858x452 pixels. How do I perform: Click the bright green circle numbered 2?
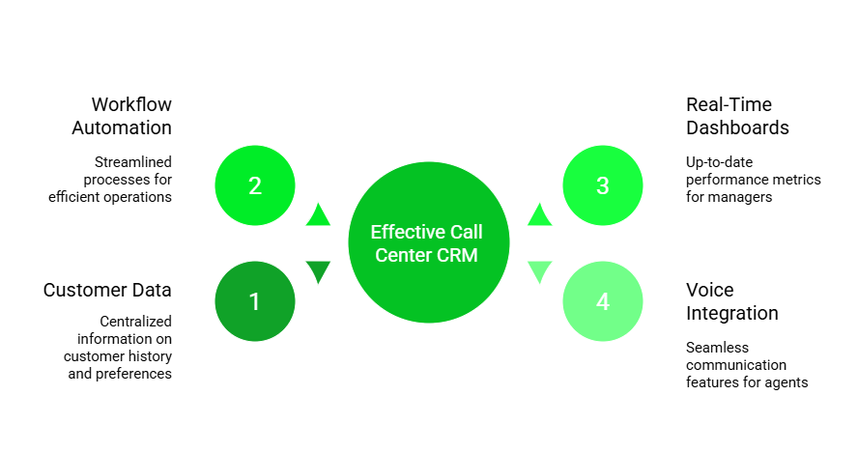[255, 185]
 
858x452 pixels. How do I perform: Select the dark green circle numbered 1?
[255, 301]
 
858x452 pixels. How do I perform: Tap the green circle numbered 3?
[603, 185]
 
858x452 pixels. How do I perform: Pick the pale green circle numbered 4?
[603, 301]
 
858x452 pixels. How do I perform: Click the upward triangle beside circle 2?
[318, 215]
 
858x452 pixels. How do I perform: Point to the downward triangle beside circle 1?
[318, 271]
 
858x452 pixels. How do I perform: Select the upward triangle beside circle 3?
[540, 215]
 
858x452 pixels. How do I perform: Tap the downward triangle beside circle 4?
[540, 271]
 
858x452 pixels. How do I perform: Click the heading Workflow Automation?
[123, 116]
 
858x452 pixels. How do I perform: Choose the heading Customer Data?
[107, 290]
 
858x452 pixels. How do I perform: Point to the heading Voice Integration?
[731, 301]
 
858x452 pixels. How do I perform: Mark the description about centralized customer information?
[120, 347]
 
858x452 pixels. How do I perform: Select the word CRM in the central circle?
[457, 255]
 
